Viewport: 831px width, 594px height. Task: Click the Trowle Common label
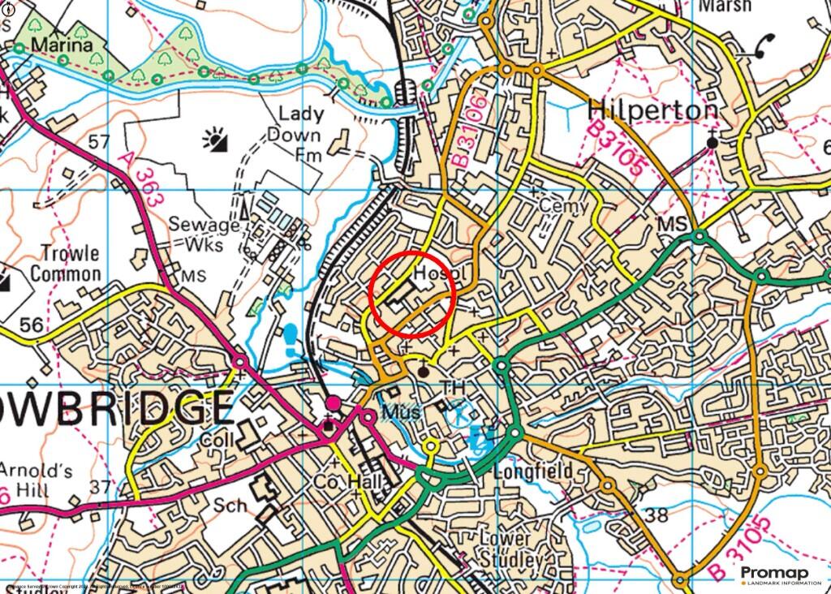(65, 265)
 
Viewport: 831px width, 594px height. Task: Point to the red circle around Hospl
(411, 294)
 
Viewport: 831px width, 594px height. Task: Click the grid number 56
(31, 325)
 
